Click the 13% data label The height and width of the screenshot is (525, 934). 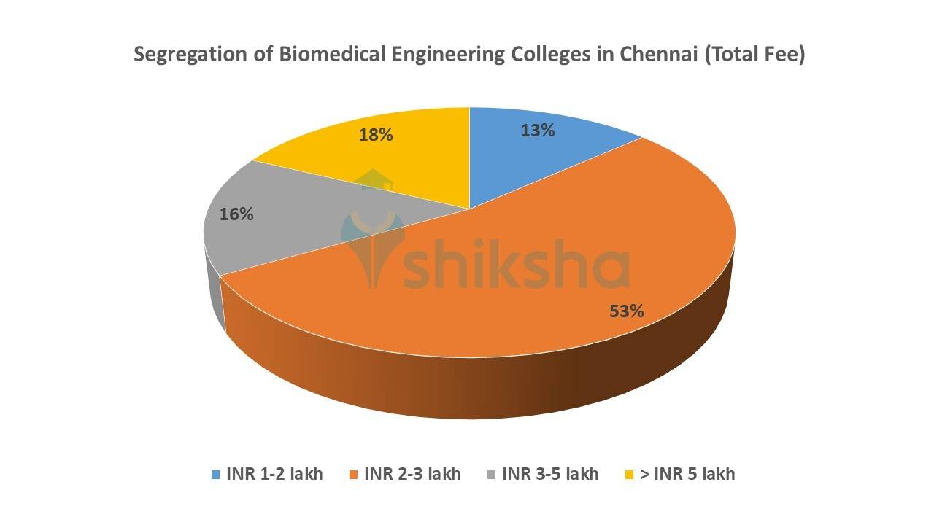[x=538, y=131]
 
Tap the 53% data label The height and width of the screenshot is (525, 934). [x=626, y=311]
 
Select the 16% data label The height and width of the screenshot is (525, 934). [x=236, y=214]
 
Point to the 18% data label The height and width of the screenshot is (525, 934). [x=376, y=135]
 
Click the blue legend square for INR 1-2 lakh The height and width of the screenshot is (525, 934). [x=215, y=475]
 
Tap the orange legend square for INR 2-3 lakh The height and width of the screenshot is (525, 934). [x=353, y=475]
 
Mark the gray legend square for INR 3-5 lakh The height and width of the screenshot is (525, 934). [x=491, y=475]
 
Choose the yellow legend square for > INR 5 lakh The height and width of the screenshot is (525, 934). [x=629, y=475]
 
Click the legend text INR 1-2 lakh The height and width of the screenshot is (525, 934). [x=275, y=474]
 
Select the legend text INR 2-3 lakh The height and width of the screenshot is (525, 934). [x=413, y=474]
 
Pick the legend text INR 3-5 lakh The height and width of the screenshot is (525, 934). [x=551, y=474]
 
